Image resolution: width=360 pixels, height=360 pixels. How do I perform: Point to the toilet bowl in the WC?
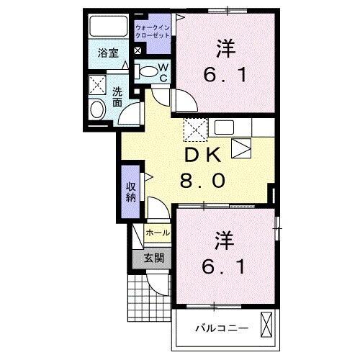pyautogui.click(x=148, y=71)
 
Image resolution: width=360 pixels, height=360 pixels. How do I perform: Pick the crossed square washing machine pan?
pyautogui.click(x=97, y=85)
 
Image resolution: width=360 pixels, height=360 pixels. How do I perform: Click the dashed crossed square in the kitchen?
pyautogui.click(x=194, y=130)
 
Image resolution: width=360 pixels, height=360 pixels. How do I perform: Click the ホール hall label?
pyautogui.click(x=158, y=233)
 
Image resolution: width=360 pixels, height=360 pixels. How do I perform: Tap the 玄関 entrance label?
pyautogui.click(x=152, y=257)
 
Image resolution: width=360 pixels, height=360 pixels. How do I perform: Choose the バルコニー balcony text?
pyautogui.click(x=222, y=328)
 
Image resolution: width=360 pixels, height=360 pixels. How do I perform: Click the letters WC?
pyautogui.click(x=163, y=73)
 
